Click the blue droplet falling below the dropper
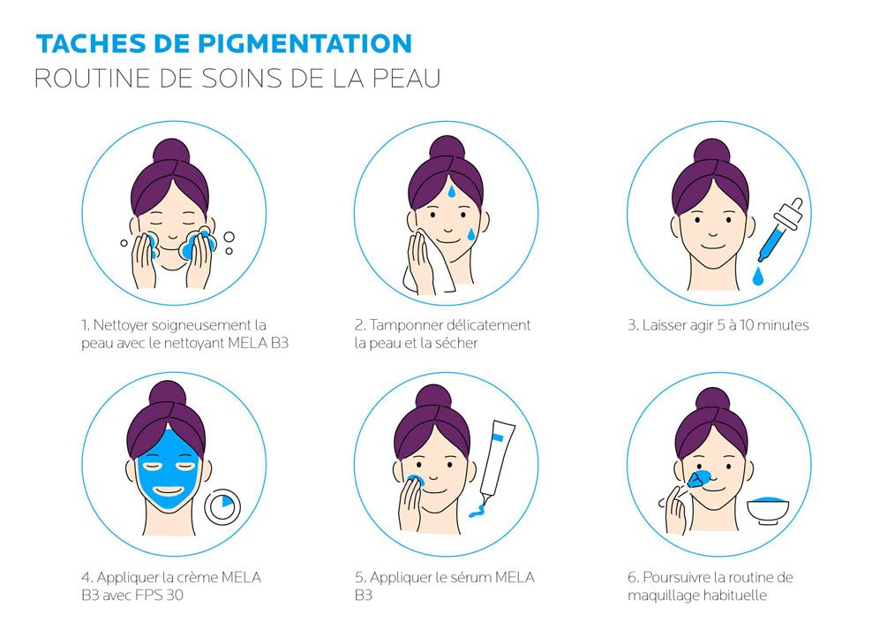(757, 277)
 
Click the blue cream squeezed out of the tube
(477, 511)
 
